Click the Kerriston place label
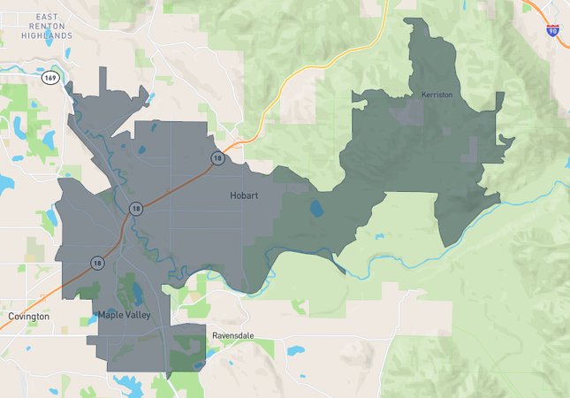coord(437,94)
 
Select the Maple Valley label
coord(125,315)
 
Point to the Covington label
coord(28,316)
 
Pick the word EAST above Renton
coord(48,16)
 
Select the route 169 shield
coord(50,78)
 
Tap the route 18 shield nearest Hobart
coord(217,157)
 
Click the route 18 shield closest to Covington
coord(96,263)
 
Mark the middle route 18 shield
coord(136,209)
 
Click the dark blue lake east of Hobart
coord(316,209)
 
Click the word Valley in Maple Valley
coord(138,315)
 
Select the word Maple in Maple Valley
coord(110,315)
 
